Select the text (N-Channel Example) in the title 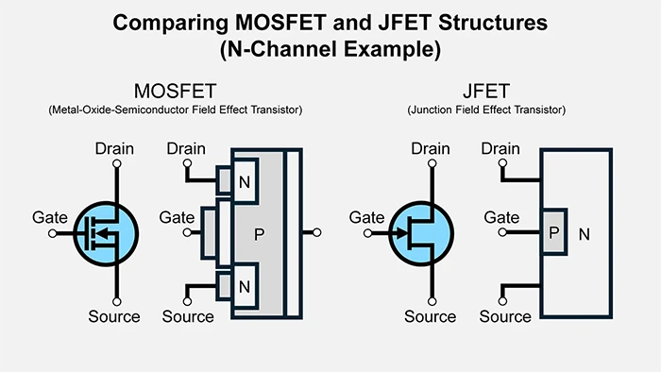pos(330,49)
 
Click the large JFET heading pos(486,92)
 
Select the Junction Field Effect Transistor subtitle pos(486,110)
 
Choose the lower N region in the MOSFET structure pos(244,286)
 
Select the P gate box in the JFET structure pos(552,232)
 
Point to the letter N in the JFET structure pos(584,233)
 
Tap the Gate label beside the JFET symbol pos(366,217)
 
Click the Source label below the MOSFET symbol pos(114,316)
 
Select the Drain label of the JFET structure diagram pos(500,149)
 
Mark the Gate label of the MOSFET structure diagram pos(177,217)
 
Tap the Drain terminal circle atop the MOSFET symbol pos(116,164)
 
